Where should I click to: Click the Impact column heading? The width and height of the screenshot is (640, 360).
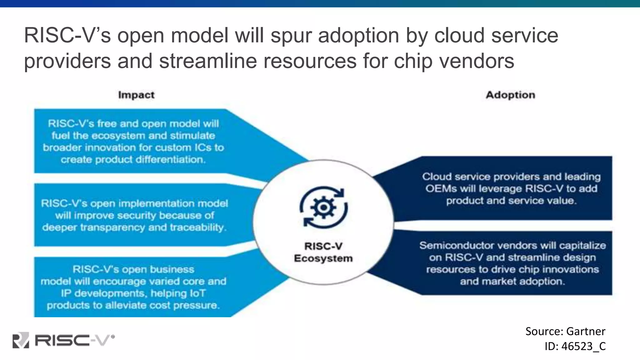(136, 95)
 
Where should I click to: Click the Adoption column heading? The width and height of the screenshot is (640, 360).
(510, 95)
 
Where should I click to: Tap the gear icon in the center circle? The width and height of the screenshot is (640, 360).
(323, 207)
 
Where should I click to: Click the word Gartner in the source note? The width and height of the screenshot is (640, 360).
(586, 331)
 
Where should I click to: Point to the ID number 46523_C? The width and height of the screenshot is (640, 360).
(583, 346)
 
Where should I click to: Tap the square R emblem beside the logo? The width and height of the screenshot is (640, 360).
(21, 340)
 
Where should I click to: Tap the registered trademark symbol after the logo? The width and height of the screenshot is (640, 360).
(113, 337)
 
